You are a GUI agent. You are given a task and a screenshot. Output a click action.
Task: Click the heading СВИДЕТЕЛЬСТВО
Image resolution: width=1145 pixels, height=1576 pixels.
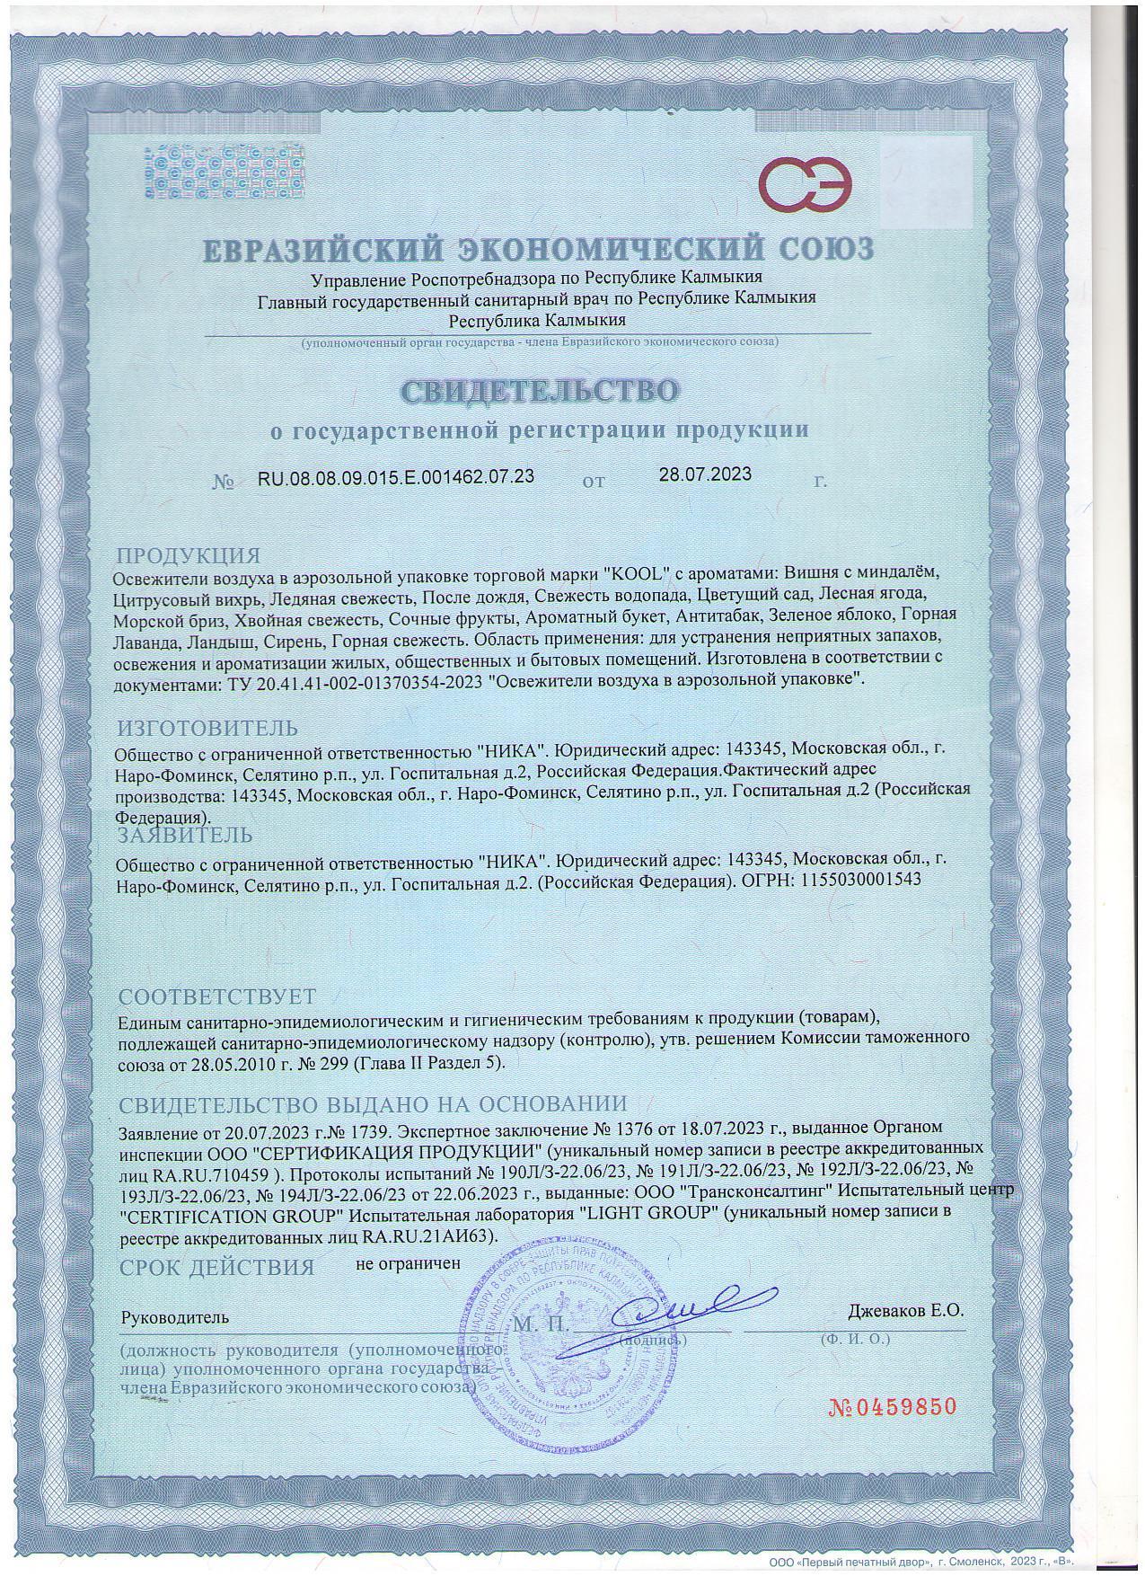pyautogui.click(x=539, y=391)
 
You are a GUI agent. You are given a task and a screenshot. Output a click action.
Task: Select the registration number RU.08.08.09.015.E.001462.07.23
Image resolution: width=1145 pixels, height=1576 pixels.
pyautogui.click(x=396, y=476)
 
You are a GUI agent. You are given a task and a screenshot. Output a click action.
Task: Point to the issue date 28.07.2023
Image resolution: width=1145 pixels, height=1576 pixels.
pyautogui.click(x=705, y=474)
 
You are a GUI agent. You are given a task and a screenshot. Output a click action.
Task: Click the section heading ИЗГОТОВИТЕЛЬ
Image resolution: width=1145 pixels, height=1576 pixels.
pyautogui.click(x=207, y=727)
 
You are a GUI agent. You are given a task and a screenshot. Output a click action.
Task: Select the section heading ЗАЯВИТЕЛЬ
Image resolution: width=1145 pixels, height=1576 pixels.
pyautogui.click(x=186, y=836)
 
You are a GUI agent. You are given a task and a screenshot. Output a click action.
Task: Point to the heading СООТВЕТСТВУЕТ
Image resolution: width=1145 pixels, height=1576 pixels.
pyautogui.click(x=217, y=996)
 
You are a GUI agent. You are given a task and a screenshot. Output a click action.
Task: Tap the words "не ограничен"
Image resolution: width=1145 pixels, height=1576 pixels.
pyautogui.click(x=408, y=1262)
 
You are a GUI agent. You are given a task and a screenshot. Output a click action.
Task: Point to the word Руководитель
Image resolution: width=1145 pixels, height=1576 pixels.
pyautogui.click(x=175, y=1317)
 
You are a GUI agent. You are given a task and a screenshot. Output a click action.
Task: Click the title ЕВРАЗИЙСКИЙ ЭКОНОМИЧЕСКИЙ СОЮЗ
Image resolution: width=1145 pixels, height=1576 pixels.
pyautogui.click(x=537, y=248)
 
